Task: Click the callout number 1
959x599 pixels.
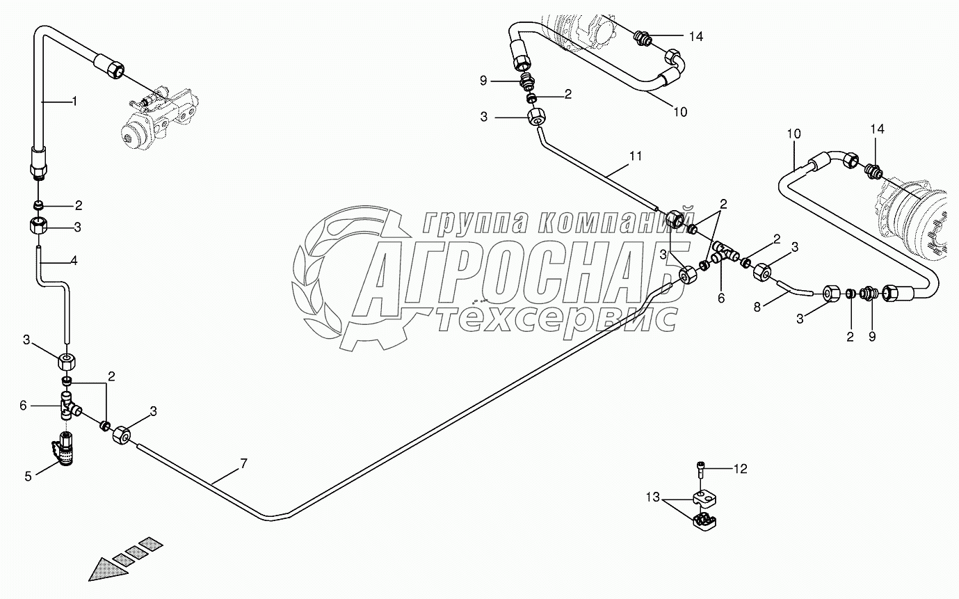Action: coord(74,102)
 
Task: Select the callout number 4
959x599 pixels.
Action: coord(74,262)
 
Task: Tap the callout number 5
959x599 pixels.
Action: coord(29,477)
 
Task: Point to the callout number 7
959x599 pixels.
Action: coord(243,463)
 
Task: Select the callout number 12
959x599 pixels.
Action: coord(740,469)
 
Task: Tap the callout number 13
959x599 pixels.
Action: coord(652,498)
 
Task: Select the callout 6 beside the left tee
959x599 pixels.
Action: coord(23,406)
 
